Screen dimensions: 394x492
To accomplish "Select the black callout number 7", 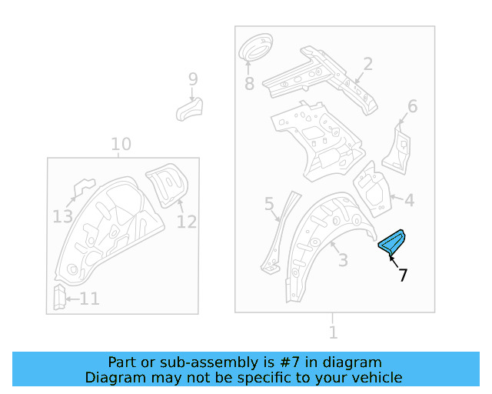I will [403, 275].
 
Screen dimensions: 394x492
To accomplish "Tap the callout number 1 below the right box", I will [333, 332].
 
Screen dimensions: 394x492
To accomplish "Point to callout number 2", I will [367, 64].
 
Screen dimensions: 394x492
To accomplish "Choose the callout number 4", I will [409, 201].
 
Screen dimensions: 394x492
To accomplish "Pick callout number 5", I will [269, 204].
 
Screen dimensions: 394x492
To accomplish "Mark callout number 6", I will [412, 107].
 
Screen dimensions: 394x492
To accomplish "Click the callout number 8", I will [248, 83].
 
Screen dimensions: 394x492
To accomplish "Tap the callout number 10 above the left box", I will [121, 144].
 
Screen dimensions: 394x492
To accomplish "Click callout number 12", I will [186, 222].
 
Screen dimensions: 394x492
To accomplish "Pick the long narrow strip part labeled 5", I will [278, 231].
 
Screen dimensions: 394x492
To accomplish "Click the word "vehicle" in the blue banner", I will [376, 377].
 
